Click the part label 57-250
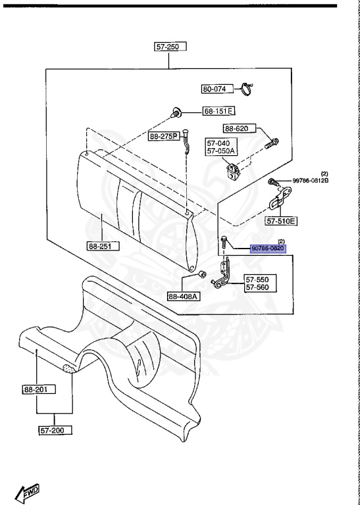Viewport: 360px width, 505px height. point(170,47)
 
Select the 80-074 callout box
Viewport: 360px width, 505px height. point(218,89)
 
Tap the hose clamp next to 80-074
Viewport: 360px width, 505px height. point(247,89)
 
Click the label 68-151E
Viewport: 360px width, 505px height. point(219,111)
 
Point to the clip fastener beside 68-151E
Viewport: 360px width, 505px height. point(175,112)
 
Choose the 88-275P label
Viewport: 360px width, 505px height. point(164,137)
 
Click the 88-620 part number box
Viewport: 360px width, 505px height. point(240,129)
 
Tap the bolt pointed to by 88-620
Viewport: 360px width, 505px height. point(272,143)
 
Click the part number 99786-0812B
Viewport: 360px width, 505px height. point(311,181)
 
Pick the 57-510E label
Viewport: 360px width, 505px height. point(281,221)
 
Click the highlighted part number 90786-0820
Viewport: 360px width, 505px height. point(268,249)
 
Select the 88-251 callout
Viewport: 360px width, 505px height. point(103,247)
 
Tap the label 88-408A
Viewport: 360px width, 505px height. point(184,296)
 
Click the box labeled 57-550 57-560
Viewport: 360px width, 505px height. point(260,283)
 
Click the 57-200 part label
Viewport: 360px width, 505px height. point(55,430)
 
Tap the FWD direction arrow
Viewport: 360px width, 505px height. point(27,493)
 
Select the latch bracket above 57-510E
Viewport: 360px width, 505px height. point(279,198)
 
